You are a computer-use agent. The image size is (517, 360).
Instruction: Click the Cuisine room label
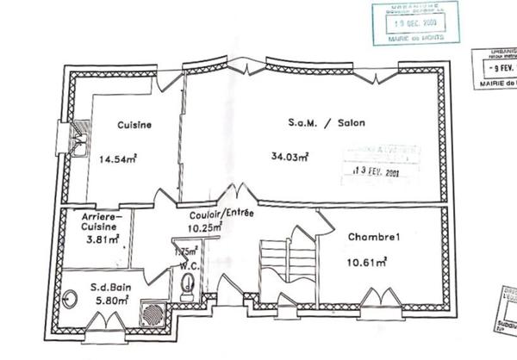[134, 125]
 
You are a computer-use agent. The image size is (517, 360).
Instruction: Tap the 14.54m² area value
[120, 158]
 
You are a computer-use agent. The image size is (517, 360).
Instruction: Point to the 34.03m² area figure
[290, 157]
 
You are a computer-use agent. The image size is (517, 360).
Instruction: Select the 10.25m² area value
[205, 227]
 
